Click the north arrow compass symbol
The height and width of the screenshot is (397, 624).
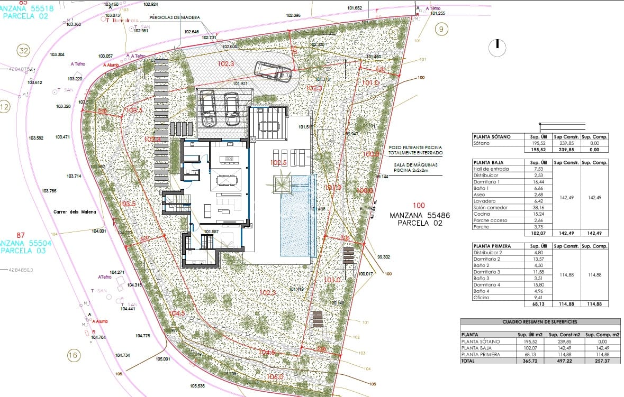(498, 48)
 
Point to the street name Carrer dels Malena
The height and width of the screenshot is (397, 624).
(75, 212)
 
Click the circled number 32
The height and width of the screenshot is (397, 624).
(23, 51)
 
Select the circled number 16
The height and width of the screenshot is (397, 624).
(73, 355)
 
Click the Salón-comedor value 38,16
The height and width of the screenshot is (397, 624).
(540, 208)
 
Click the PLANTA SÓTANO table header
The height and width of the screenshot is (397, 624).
(492, 137)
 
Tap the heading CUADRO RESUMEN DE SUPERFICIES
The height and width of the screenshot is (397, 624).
(540, 321)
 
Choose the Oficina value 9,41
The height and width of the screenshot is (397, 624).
(540, 298)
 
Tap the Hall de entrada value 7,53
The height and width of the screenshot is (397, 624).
(540, 169)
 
